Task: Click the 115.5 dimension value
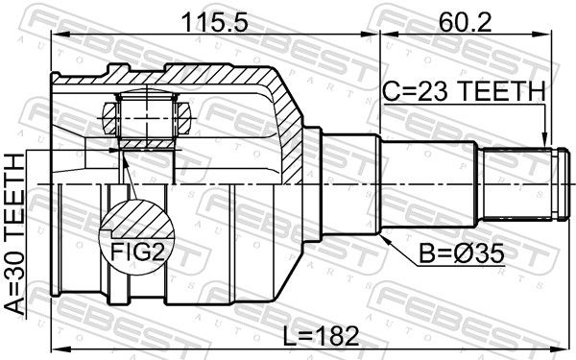[215, 22]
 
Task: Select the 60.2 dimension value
[465, 22]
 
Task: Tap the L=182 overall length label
[322, 336]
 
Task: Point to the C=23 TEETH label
[464, 91]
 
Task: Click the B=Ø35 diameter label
[462, 253]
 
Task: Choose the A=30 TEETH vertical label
[14, 234]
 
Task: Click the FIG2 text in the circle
[137, 252]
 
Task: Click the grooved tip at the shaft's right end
[564, 184]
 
